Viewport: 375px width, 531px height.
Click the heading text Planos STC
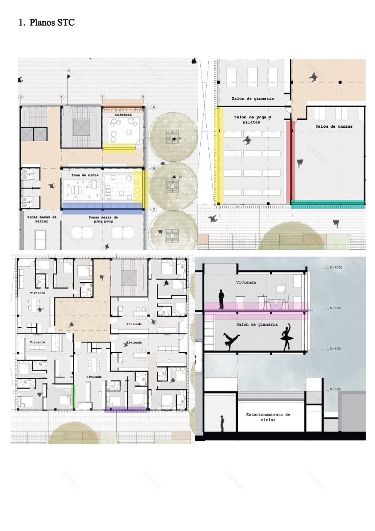pyautogui.click(x=46, y=23)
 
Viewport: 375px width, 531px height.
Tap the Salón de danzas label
pyautogui.click(x=334, y=126)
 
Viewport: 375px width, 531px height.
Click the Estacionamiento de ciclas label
pyautogui.click(x=268, y=417)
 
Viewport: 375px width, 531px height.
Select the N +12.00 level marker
pyautogui.click(x=336, y=267)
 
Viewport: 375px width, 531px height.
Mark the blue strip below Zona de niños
pyautogui.click(x=102, y=208)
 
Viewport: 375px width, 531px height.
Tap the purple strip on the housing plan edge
pyautogui.click(x=126, y=410)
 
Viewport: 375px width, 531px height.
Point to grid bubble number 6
pyautogui.click(x=143, y=97)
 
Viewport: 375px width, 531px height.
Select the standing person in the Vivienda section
pyautogui.click(x=221, y=299)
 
